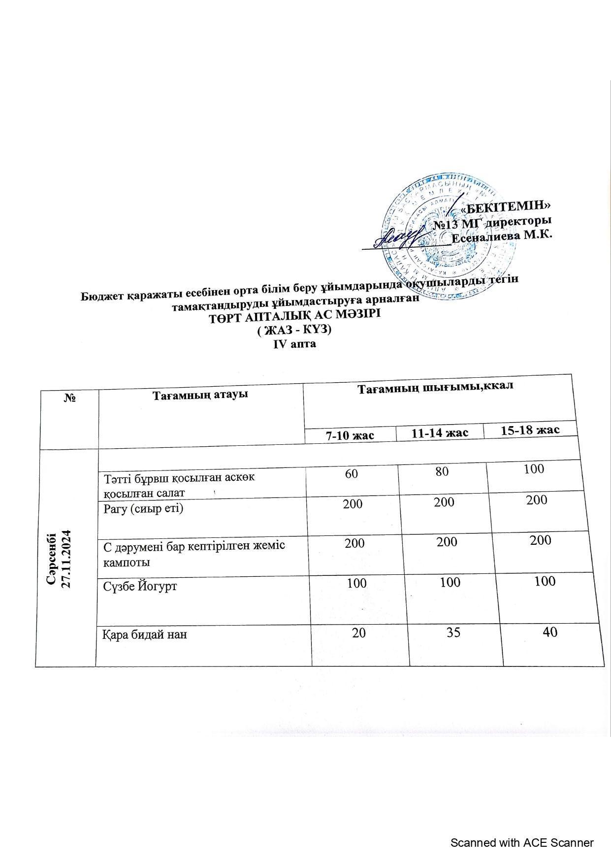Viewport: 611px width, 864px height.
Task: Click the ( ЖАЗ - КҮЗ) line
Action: tap(294, 330)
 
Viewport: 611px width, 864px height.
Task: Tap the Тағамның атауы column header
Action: tap(199, 395)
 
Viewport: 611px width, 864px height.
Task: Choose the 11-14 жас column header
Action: tap(440, 432)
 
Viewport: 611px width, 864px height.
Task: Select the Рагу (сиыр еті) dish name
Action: tap(143, 508)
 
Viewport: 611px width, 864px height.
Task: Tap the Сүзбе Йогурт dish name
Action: tap(140, 586)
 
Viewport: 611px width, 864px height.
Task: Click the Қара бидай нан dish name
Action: tap(145, 634)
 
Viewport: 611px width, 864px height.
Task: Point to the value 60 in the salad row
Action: tap(352, 474)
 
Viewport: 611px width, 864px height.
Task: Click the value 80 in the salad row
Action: tap(442, 471)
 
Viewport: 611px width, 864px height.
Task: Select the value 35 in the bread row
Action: tap(453, 632)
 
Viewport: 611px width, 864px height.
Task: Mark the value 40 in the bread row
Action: tap(550, 631)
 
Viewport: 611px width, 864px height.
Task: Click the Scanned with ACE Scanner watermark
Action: tap(522, 843)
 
